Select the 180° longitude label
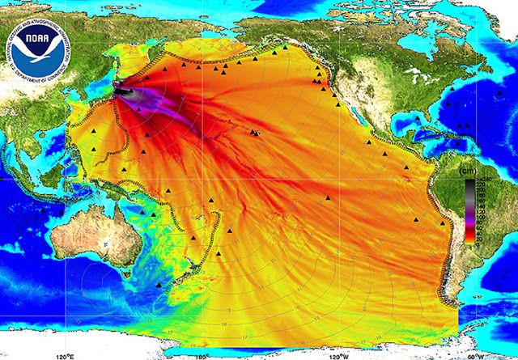tap(202, 354)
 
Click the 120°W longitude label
tap(341, 354)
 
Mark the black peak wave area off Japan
tap(128, 91)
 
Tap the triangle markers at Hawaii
tap(255, 132)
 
